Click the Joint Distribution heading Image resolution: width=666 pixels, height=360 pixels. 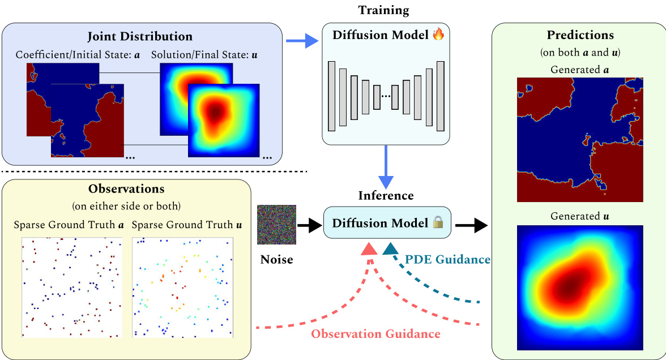point(140,37)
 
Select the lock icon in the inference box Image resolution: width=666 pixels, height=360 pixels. point(437,224)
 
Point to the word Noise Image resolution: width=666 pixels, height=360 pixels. point(276,260)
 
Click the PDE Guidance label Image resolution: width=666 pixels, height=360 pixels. point(447,260)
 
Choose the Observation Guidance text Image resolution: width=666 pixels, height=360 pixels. point(375,334)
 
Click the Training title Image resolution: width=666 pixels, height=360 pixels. point(383,10)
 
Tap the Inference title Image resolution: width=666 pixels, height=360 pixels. point(386,196)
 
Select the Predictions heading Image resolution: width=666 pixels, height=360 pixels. point(580,35)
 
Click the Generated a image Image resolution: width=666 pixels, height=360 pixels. point(580,140)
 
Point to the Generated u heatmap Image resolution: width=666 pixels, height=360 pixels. point(580,288)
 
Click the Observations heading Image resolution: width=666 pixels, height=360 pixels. point(126,188)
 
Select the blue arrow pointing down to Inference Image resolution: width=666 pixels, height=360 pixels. point(386,167)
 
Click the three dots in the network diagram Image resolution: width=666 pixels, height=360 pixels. point(386,96)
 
